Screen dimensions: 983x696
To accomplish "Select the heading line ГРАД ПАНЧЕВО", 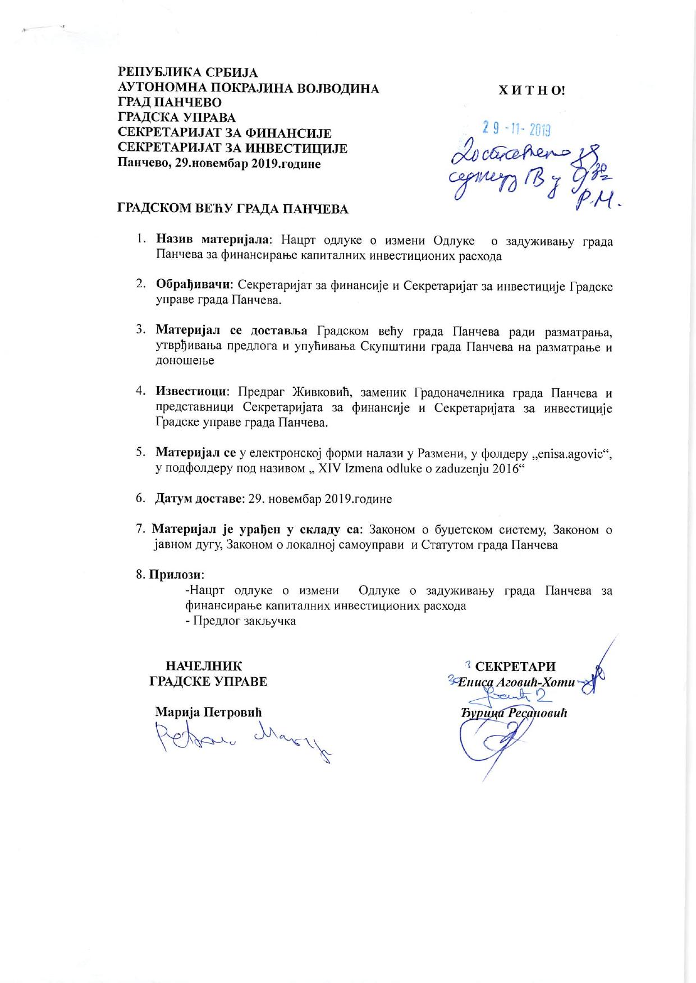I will (x=169, y=103).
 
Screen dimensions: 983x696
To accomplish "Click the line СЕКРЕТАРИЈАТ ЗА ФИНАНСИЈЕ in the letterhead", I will (x=224, y=134).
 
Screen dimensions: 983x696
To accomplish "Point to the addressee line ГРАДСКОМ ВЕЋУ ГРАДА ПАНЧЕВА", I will (x=232, y=209).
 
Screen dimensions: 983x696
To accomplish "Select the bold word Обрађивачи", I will (x=193, y=286).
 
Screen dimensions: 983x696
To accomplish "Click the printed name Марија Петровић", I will (x=208, y=713).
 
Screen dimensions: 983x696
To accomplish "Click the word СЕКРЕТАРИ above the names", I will (x=515, y=667).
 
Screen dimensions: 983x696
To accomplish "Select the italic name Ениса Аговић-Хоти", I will (x=516, y=683).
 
